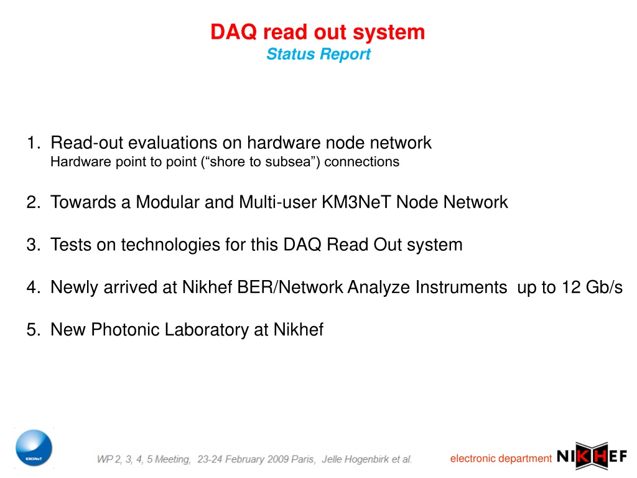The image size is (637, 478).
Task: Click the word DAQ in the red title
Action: point(234,32)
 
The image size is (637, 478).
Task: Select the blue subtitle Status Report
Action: point(318,54)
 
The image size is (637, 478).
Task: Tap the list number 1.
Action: point(34,143)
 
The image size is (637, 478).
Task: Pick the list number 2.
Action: point(34,202)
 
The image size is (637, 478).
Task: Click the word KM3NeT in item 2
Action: point(356,202)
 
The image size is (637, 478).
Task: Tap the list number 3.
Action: point(34,245)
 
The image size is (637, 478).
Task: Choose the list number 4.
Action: point(34,288)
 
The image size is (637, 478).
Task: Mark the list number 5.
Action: point(34,330)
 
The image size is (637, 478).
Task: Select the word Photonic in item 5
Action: point(125,330)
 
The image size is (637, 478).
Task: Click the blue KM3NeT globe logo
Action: point(34,448)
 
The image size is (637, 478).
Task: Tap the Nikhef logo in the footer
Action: point(592,456)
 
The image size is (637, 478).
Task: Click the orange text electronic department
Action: point(501,459)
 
